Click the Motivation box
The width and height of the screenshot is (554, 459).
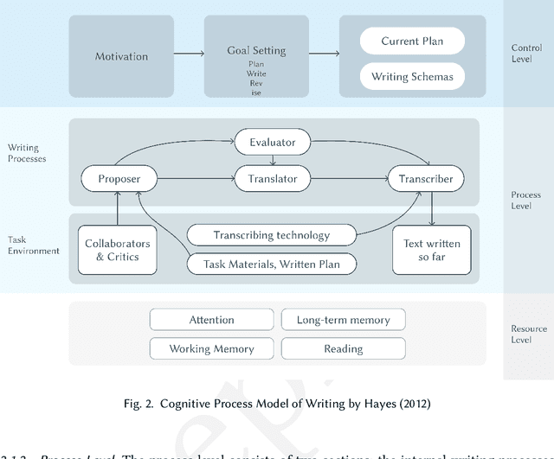point(121,57)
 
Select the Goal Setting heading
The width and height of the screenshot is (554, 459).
point(256,50)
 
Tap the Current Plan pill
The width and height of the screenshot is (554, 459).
point(412,41)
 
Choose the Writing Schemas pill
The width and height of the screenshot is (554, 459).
point(412,77)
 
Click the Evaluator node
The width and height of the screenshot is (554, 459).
point(273,142)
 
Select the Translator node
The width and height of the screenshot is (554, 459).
point(273,179)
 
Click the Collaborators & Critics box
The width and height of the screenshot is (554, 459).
point(117,250)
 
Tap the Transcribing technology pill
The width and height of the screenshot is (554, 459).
point(273,234)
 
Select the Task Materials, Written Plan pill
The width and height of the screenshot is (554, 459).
point(273,264)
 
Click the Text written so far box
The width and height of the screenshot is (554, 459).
point(432,250)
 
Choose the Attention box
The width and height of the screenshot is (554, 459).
point(212,320)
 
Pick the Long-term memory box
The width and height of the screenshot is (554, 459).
point(343,320)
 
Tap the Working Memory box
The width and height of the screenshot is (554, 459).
point(212,348)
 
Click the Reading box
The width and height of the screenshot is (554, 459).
point(343,348)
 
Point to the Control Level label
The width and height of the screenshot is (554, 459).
point(528,52)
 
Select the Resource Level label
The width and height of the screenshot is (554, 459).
point(528,334)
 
